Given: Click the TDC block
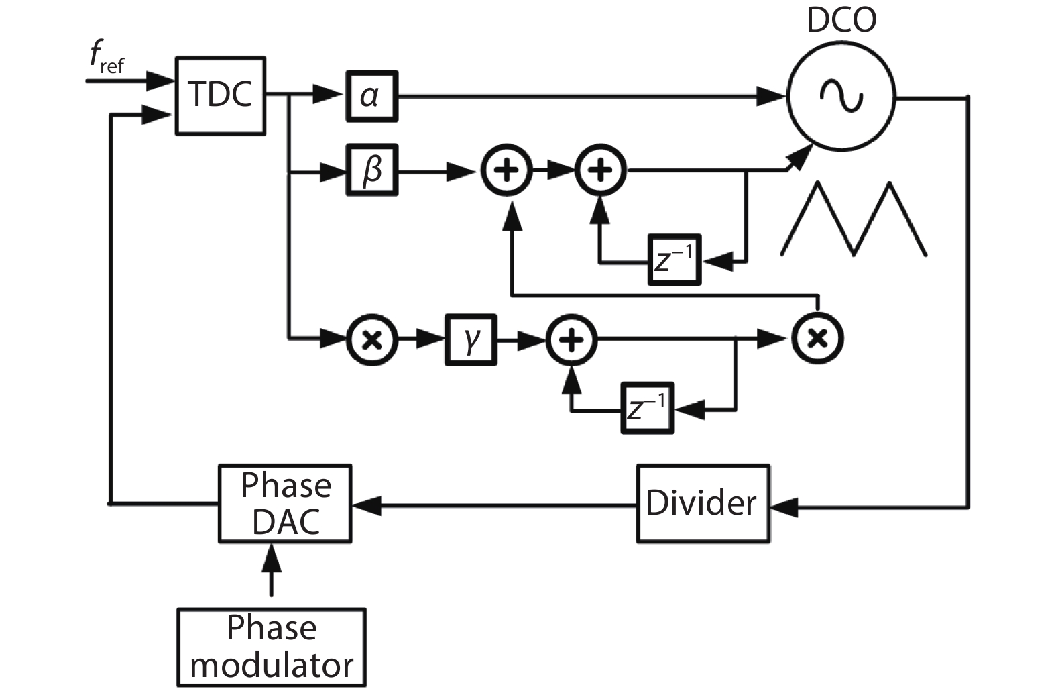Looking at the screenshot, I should (x=221, y=95).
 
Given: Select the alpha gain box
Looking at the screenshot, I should (x=371, y=96).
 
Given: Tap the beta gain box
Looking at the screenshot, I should (x=371, y=170).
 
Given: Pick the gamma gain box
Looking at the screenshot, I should (x=471, y=340).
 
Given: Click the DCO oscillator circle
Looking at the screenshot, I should (x=841, y=97).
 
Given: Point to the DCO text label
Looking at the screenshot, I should (x=841, y=20).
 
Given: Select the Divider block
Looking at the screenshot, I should (x=702, y=503).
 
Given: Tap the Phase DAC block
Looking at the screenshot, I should (x=286, y=503).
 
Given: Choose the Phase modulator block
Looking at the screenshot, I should (x=272, y=647).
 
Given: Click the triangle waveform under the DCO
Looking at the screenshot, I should (x=853, y=219).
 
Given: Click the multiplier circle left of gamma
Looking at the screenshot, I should (x=372, y=340).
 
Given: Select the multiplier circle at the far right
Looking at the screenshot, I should (x=817, y=339).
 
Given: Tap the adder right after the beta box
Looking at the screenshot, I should (x=507, y=170).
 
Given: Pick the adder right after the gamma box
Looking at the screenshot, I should (x=571, y=340).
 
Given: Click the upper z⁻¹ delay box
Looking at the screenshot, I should (x=674, y=260).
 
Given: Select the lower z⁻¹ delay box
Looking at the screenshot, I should (x=646, y=408).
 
